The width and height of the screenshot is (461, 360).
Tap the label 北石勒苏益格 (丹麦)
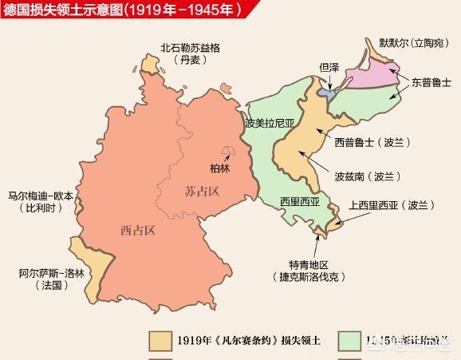pos(189,54)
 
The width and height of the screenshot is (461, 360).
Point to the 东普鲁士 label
pos(431,82)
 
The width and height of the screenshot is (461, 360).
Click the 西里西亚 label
pos(298,201)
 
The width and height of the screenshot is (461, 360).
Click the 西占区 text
pos(137,231)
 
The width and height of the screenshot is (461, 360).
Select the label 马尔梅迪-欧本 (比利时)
pos(40,201)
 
